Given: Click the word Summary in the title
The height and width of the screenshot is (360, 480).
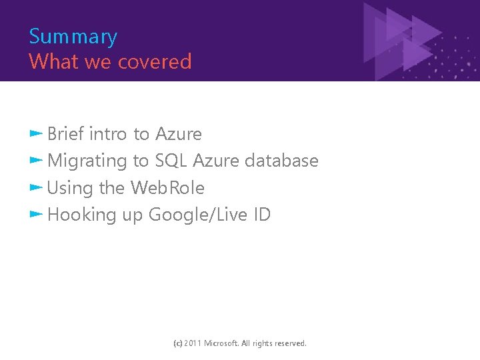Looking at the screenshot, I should [x=73, y=37].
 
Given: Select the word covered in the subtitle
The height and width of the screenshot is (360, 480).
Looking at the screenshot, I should [x=155, y=62].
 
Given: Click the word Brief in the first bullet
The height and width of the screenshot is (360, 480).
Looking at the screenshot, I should [x=65, y=134].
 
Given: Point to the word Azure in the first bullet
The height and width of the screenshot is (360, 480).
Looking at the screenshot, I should [x=178, y=134].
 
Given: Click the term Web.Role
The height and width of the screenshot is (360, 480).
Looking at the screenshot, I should [x=167, y=188].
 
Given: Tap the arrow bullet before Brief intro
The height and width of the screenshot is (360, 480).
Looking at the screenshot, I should [x=36, y=133].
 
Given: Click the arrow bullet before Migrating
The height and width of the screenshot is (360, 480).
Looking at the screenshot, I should [x=36, y=160].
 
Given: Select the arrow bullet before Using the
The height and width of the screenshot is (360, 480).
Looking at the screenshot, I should [x=36, y=187].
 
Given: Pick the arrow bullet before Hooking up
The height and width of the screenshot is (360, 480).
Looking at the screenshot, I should [x=36, y=214].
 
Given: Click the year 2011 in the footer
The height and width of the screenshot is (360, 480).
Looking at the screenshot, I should [x=193, y=343].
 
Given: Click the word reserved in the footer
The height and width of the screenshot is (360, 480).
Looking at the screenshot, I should [x=289, y=343].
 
